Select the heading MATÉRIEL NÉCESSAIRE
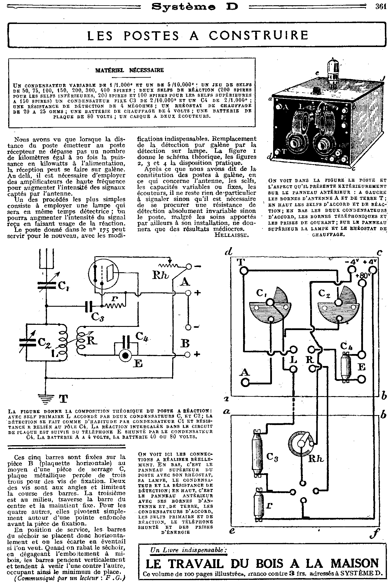coord(130,70)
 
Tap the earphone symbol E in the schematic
coord(126,355)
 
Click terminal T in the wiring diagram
coord(244,272)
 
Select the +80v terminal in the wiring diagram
coord(362,283)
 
